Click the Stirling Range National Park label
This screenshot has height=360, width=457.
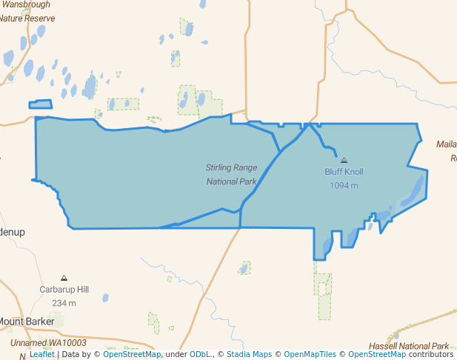[231, 174]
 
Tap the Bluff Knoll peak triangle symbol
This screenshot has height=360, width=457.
[344, 160]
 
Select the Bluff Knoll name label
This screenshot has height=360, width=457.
[344, 172]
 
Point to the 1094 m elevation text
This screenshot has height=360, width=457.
[344, 185]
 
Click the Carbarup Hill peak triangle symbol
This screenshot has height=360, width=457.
[64, 278]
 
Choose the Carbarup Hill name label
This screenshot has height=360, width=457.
[64, 290]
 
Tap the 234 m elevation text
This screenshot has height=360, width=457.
[64, 303]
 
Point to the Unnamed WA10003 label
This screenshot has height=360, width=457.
[48, 343]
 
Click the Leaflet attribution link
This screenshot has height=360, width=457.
[41, 354]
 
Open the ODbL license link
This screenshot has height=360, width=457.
[201, 354]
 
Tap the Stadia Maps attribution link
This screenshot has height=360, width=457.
[249, 354]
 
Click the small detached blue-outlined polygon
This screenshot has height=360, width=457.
[41, 104]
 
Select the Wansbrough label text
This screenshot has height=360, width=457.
[26, 4]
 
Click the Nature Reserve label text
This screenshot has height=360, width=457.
[27, 18]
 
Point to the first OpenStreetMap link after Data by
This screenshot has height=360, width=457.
[131, 354]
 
